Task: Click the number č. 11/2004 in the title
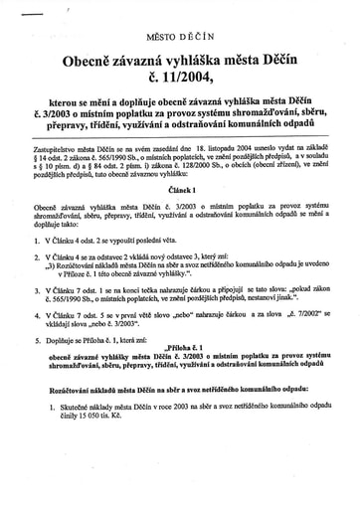coord(180,90)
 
